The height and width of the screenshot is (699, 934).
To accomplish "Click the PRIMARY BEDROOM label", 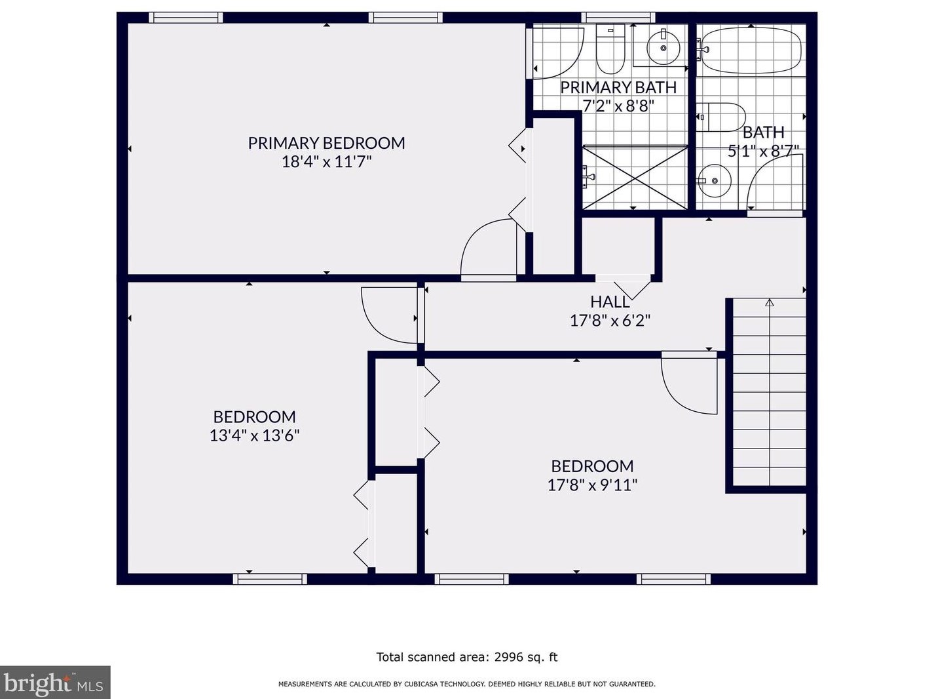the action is click(x=326, y=143).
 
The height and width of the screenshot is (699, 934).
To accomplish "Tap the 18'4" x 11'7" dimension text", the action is click(x=326, y=162).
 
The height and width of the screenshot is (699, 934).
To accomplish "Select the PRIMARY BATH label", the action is click(x=618, y=87).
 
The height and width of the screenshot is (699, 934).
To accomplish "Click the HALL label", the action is click(x=610, y=302).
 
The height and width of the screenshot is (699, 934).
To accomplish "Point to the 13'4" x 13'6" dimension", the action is click(x=254, y=436).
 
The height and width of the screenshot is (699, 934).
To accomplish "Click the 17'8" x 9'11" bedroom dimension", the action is click(x=592, y=485).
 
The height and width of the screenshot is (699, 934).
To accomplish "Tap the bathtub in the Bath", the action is click(x=751, y=50).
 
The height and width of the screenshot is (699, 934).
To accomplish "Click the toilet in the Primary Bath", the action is click(x=610, y=49).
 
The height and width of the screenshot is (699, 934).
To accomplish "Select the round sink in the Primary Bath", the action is click(x=663, y=48).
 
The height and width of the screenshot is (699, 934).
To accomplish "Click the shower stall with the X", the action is click(x=635, y=178).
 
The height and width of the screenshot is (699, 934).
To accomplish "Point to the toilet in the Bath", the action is click(x=720, y=117).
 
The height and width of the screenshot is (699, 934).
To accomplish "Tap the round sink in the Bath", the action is click(x=715, y=181).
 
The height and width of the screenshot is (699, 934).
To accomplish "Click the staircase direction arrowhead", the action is click(x=770, y=303).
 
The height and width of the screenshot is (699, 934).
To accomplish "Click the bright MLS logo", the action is click(x=55, y=683).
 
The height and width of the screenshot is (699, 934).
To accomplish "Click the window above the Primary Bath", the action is click(x=618, y=18).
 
